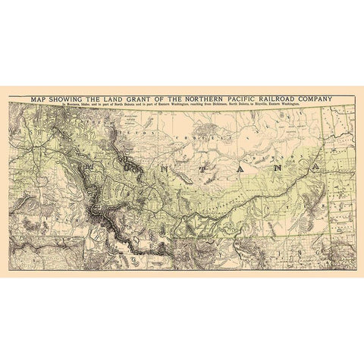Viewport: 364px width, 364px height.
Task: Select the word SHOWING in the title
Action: [67, 98]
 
